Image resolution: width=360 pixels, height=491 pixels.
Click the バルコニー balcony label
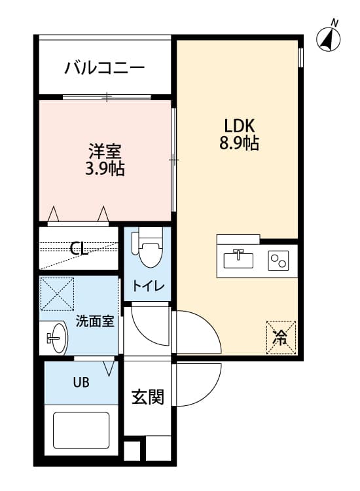(x=105, y=68)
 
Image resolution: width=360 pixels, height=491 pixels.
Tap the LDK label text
(x=240, y=126)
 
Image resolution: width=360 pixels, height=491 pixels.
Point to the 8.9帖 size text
(x=239, y=143)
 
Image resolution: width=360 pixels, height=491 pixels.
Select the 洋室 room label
(x=105, y=152)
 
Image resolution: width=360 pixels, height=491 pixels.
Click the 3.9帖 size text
(x=105, y=169)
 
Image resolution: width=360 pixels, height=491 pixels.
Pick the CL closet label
(x=79, y=249)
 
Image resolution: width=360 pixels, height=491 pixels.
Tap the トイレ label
(x=148, y=286)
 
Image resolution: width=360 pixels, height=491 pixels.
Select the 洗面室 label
(x=95, y=321)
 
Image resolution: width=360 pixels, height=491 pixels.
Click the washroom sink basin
(x=58, y=338)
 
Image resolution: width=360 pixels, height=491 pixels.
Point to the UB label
(x=81, y=382)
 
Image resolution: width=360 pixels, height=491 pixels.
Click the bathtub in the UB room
(x=81, y=430)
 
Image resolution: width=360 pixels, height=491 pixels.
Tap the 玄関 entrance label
(x=148, y=397)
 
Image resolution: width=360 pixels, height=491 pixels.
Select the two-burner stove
(x=278, y=261)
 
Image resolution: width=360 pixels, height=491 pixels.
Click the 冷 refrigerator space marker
(x=281, y=338)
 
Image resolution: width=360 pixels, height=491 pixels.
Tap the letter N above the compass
(x=334, y=23)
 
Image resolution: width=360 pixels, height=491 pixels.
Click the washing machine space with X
(x=58, y=294)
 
